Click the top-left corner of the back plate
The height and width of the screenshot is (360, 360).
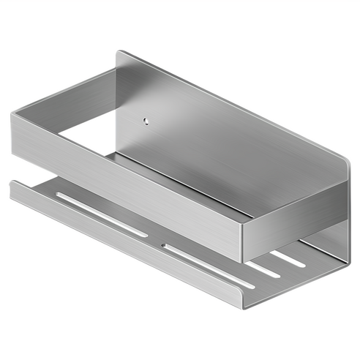[x=119, y=53]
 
